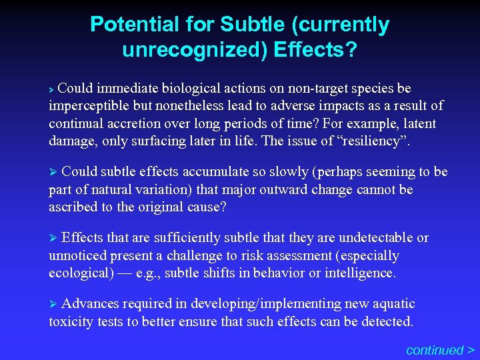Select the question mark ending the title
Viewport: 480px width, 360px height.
[351, 50]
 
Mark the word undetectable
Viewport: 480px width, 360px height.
[376, 237]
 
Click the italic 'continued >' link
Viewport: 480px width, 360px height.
[440, 349]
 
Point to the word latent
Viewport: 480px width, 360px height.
[419, 123]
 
